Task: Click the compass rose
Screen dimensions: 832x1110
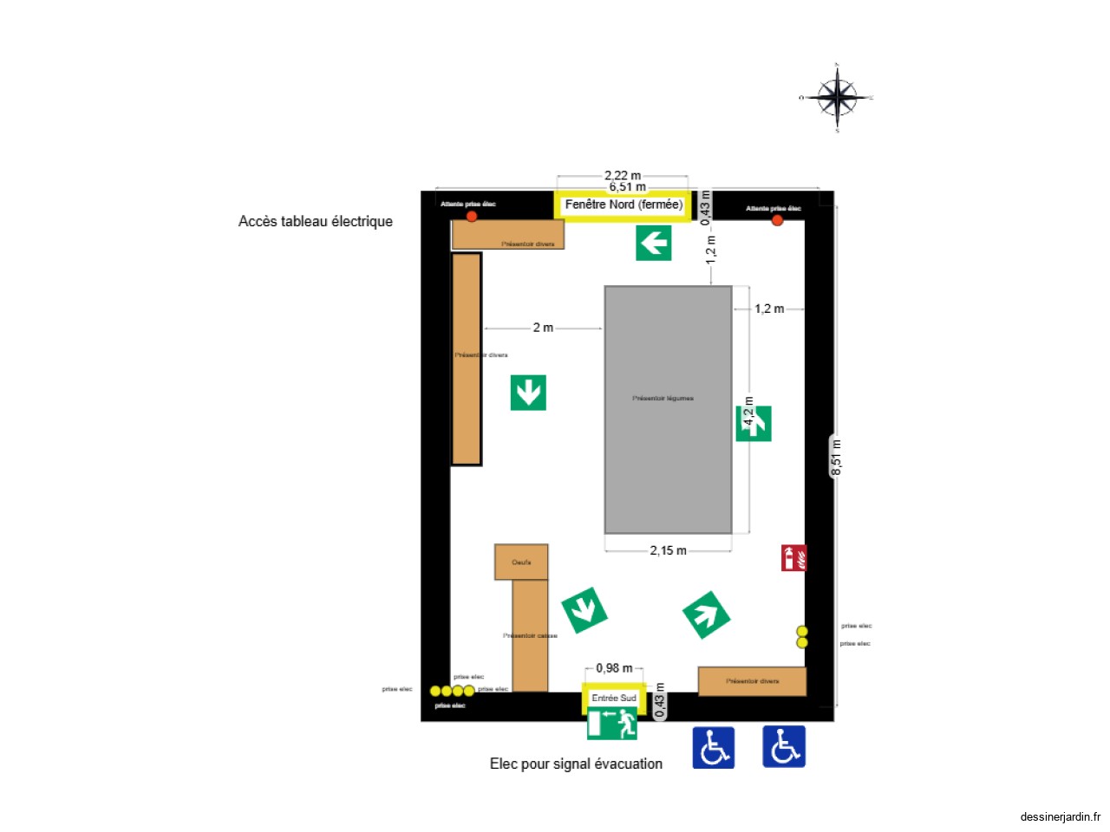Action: coord(837,97)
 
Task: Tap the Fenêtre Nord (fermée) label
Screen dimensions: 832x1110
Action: coord(624,205)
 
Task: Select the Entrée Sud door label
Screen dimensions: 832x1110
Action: coord(614,698)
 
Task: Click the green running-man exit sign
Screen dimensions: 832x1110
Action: coord(613,724)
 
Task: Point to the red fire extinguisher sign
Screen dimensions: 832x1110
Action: coord(793,558)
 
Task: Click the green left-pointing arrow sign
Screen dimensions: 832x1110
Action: coord(654,243)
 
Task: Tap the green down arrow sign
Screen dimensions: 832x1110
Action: coord(528,393)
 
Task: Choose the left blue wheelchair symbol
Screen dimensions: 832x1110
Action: coord(713,747)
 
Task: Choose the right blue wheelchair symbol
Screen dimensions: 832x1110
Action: coord(784,746)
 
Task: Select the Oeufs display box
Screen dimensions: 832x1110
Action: coord(521,562)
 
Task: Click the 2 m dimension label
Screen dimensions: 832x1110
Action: coord(543,328)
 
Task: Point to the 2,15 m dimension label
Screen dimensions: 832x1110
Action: coord(668,550)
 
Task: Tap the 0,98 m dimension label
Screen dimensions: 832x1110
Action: coord(614,668)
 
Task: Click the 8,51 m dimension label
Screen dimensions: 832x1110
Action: coord(836,458)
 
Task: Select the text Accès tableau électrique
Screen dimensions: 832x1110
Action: coord(316,221)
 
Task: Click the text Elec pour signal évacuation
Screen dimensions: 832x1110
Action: coord(576,764)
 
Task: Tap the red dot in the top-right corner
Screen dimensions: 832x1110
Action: coord(777,220)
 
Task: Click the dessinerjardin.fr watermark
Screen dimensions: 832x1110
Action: coord(1060,816)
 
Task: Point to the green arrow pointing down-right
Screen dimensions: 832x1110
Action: coord(584,610)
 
